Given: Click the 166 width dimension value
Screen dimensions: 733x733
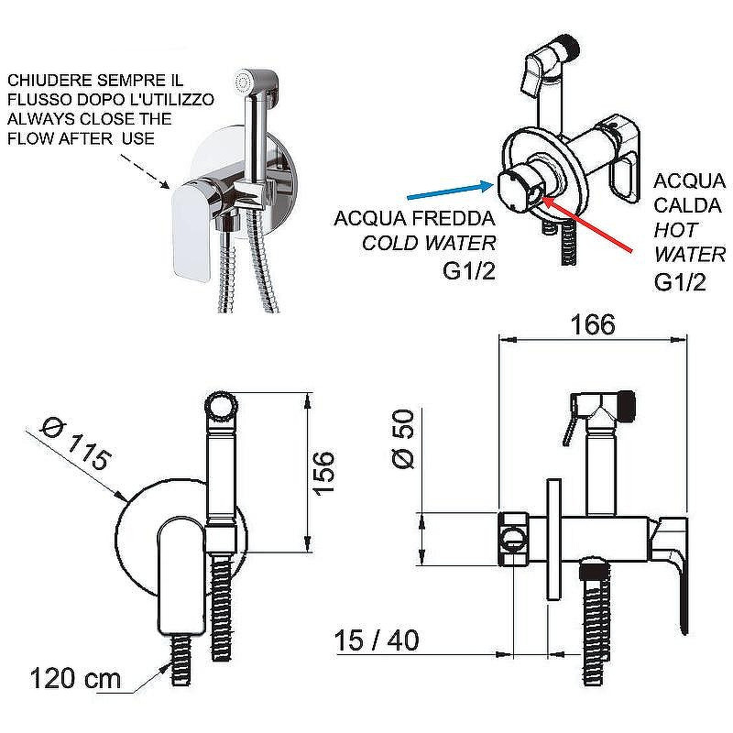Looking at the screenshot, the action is click(x=593, y=324).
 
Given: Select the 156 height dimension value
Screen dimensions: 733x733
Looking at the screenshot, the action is click(x=323, y=473).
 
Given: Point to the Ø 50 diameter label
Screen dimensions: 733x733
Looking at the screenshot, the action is click(x=402, y=439).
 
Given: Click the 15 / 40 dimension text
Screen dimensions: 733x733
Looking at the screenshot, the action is click(x=377, y=640).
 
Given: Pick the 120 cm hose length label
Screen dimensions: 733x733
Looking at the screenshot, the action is click(x=75, y=678).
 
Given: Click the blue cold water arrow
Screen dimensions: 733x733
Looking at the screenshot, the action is click(x=450, y=191).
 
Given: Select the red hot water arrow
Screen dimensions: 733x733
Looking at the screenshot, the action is click(x=587, y=224).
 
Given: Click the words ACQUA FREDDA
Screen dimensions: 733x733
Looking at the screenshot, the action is click(x=414, y=218).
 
